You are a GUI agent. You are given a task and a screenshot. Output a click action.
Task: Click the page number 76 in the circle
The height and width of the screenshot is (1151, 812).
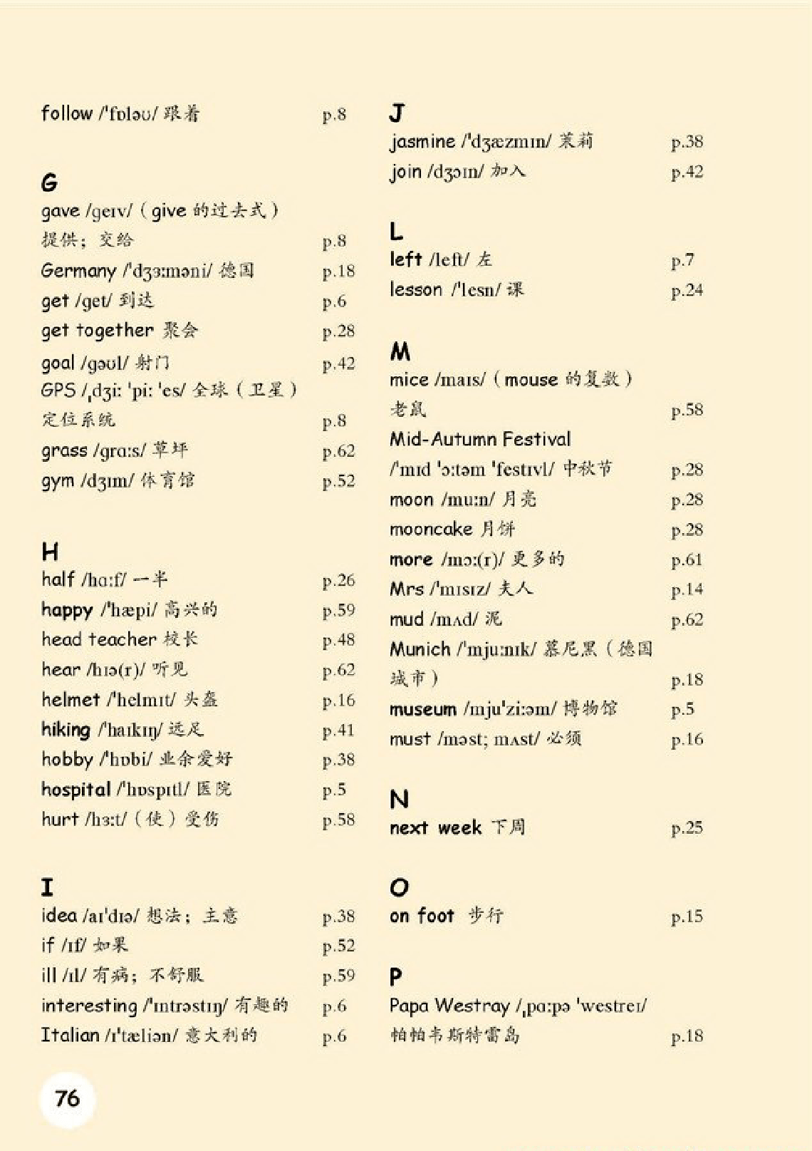click(68, 1098)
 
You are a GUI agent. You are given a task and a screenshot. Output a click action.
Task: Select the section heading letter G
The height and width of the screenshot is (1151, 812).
click(49, 182)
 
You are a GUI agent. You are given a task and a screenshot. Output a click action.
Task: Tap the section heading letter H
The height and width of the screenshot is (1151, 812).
click(50, 551)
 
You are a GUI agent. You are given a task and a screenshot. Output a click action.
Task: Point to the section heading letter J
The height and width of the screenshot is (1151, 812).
click(397, 113)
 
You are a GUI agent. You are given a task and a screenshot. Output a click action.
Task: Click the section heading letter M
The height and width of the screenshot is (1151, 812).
click(400, 351)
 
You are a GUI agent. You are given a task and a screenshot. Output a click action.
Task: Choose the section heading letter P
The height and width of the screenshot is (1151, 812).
click(396, 976)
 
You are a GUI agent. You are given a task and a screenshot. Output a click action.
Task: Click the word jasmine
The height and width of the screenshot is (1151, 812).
click(422, 141)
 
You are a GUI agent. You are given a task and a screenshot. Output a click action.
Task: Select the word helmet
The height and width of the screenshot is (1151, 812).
click(71, 699)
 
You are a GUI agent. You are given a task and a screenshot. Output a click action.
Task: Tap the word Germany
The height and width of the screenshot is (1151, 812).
click(78, 271)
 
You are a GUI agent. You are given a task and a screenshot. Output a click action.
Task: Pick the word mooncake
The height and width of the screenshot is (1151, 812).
click(431, 529)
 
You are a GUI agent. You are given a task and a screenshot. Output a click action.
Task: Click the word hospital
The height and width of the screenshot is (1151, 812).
click(76, 789)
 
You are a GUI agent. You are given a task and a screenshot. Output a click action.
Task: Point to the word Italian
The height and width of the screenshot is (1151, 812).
click(70, 1035)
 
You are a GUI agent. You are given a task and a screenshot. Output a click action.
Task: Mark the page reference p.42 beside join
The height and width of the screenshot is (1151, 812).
click(687, 172)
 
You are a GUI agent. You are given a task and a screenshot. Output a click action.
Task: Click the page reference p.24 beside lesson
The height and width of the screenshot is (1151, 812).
click(687, 290)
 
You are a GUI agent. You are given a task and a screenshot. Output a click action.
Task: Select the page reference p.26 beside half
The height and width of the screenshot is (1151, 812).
click(338, 580)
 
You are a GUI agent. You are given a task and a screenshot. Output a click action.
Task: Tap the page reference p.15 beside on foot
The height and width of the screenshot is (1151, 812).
click(687, 917)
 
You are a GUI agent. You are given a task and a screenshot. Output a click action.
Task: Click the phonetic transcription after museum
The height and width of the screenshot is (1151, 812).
click(509, 709)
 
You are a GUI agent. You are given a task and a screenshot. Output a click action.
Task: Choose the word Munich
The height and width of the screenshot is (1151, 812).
click(420, 649)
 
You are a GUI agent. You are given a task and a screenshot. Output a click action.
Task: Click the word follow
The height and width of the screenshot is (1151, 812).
click(67, 113)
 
